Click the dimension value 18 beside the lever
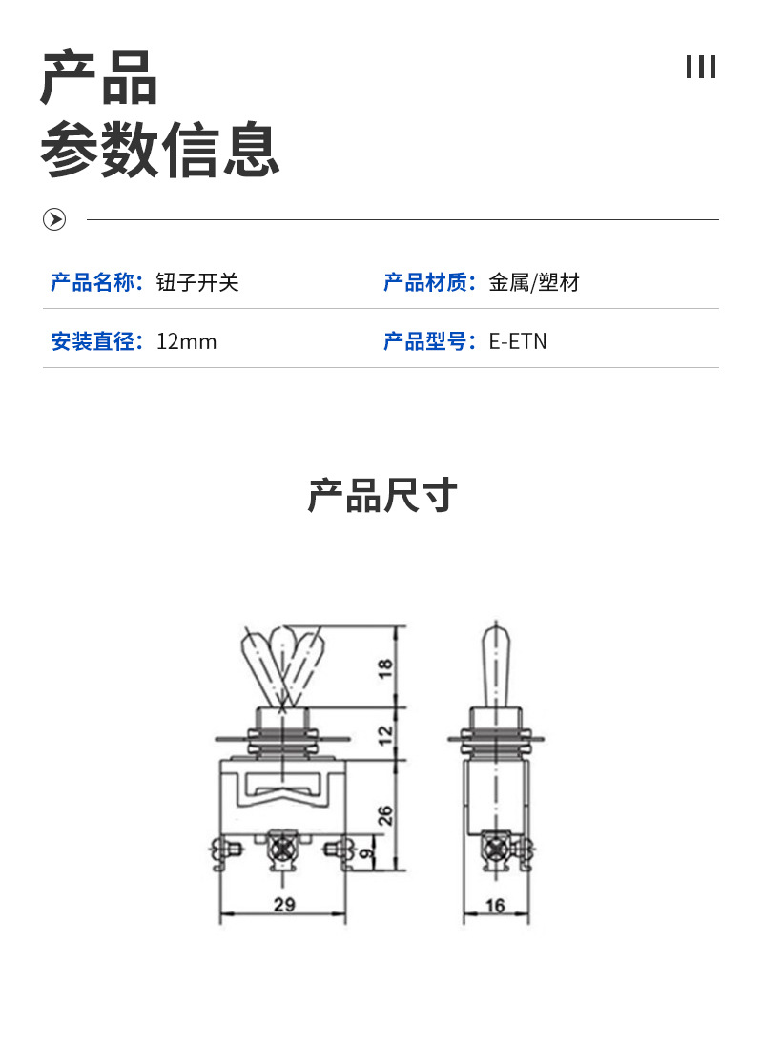(x=386, y=666)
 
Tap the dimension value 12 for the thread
(x=386, y=734)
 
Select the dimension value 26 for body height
(x=385, y=815)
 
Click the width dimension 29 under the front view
(x=283, y=906)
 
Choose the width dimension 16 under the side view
(x=495, y=906)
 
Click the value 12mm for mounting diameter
(x=187, y=341)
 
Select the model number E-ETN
(x=518, y=341)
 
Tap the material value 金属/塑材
(x=534, y=282)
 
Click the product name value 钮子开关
(x=197, y=282)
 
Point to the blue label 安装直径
(x=96, y=341)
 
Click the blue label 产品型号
(x=429, y=341)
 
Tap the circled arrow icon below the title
(x=55, y=220)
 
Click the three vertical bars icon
(x=701, y=68)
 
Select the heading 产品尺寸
(x=381, y=497)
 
